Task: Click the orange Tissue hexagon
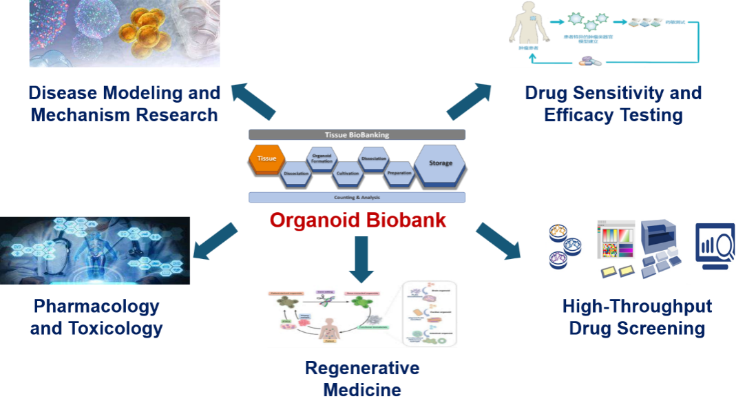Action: [266, 158]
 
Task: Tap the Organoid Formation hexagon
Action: [322, 159]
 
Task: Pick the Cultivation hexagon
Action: [348, 174]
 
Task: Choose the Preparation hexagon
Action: [399, 173]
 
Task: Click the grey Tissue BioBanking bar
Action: [357, 135]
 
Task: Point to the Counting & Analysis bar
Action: [357, 197]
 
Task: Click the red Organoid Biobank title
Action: [358, 220]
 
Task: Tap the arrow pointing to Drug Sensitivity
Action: [469, 101]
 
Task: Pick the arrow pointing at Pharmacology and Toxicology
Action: [215, 241]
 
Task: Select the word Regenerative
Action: [362, 368]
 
